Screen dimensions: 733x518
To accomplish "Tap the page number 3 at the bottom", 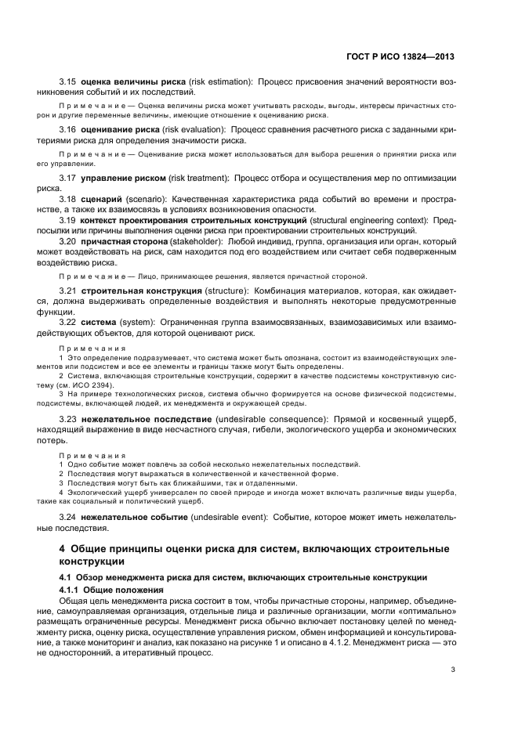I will [453, 669].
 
